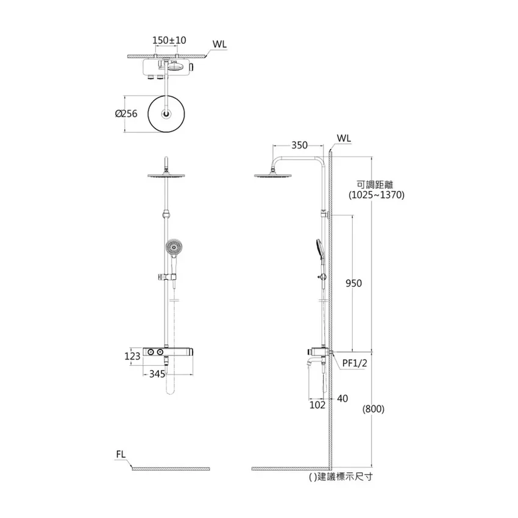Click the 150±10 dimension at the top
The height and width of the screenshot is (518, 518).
[x=169, y=40]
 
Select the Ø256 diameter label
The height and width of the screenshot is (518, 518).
[x=126, y=113]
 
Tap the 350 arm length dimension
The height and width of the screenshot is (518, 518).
[x=299, y=146]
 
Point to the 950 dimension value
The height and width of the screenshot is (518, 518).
[x=353, y=283]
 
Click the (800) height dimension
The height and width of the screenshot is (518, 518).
[x=374, y=409]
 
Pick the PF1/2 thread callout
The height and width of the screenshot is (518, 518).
[x=355, y=363]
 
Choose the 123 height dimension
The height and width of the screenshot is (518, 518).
[x=132, y=356]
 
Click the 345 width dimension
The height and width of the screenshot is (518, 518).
[x=157, y=374]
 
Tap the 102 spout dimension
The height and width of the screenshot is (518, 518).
[x=317, y=405]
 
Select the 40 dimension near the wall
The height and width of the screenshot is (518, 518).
[x=342, y=399]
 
